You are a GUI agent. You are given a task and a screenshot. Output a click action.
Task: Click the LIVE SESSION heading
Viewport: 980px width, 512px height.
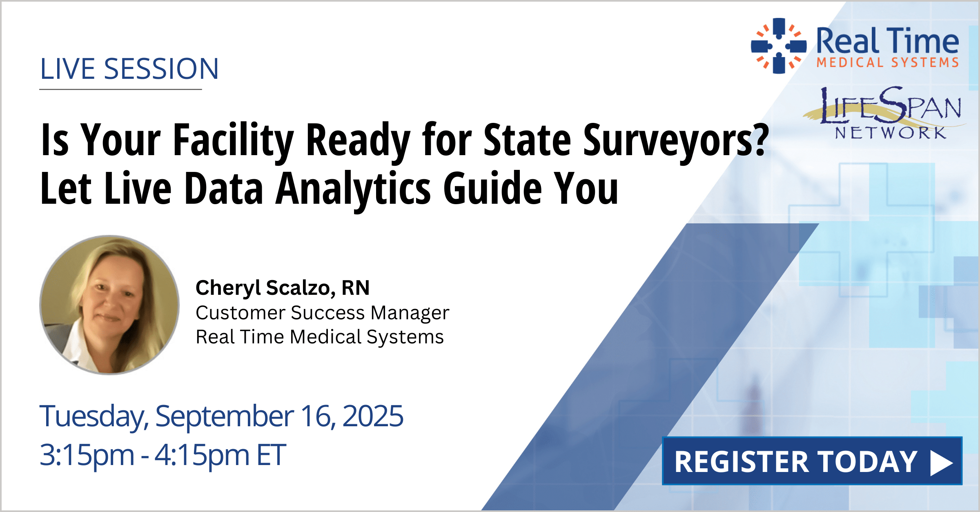tap(129, 69)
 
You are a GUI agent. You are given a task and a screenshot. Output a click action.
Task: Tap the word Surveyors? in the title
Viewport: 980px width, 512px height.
tap(676, 140)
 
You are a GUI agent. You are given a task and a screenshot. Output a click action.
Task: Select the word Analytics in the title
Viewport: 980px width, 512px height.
tap(354, 189)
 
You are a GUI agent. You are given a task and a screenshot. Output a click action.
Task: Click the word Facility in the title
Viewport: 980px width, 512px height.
tap(234, 140)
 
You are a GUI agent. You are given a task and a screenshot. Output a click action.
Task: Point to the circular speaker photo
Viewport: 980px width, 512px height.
tap(109, 305)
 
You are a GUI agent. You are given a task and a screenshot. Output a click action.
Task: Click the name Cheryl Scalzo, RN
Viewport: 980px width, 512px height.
tap(283, 288)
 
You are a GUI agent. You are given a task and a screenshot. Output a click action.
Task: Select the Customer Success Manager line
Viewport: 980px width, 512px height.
tap(322, 313)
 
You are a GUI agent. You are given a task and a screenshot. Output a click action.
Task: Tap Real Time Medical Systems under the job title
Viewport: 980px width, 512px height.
tap(320, 337)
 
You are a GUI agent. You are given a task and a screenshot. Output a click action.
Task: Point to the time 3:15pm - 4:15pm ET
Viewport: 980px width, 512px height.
tap(163, 455)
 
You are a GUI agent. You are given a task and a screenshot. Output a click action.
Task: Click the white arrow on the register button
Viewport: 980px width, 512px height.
tap(942, 463)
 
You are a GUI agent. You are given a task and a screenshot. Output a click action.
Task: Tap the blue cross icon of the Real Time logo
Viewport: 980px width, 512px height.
tap(779, 46)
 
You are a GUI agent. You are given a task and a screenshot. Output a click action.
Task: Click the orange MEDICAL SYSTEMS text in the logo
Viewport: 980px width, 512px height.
tap(887, 62)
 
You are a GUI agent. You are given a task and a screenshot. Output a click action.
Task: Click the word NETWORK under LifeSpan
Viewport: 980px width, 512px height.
tap(891, 133)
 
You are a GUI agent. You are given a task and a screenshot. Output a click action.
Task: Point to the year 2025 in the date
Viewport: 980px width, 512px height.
tap(373, 416)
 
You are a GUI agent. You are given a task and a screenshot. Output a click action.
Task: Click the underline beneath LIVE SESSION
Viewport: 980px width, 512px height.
tap(120, 89)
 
